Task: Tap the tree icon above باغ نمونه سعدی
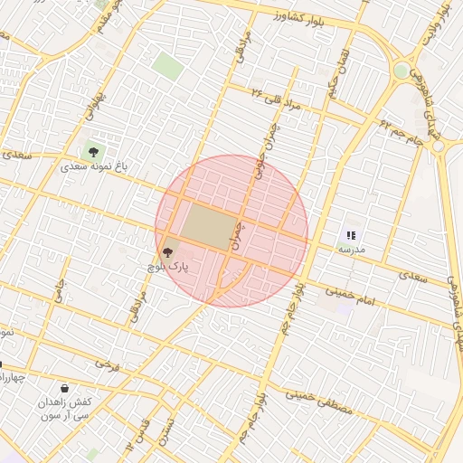click(92, 151)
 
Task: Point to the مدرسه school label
click(350, 248)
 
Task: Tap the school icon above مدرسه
click(351, 235)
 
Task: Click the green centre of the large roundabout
click(402, 71)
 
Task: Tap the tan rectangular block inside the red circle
click(205, 226)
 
